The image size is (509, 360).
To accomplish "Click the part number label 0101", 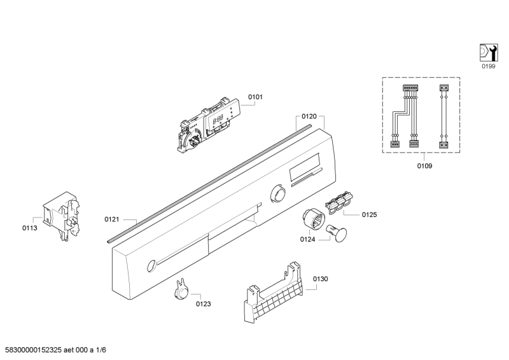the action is [x=255, y=97].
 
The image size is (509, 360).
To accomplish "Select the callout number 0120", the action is [x=309, y=116].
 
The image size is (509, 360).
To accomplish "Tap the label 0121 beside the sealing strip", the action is [x=112, y=219].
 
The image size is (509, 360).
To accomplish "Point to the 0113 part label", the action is [x=29, y=228].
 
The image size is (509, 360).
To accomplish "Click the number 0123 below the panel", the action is [x=203, y=304].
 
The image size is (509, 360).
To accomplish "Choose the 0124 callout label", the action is [x=307, y=240].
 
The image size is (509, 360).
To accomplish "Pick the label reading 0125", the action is [x=370, y=214].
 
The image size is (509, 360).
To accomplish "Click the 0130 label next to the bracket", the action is [x=321, y=279].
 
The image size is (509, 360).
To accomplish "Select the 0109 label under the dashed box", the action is [x=424, y=166].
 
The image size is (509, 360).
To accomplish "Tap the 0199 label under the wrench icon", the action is [x=488, y=66].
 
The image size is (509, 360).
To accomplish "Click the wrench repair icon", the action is [x=489, y=53].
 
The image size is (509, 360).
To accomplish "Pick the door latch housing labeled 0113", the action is [x=62, y=216].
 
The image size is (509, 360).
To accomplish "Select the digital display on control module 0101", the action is [x=218, y=120].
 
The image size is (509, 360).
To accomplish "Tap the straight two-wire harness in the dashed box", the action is [x=443, y=116].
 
